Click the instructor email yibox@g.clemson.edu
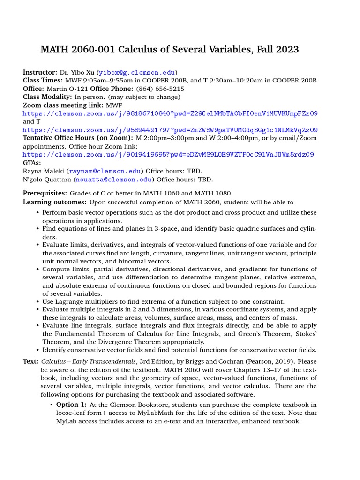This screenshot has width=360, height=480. coord(137,73)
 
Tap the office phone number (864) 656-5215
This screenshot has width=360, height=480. coord(160,89)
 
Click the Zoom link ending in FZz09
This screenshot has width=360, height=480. coord(170,113)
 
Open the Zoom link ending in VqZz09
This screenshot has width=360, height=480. coord(170,130)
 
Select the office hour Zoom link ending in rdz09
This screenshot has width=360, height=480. coord(168,154)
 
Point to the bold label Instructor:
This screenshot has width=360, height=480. coord(40,73)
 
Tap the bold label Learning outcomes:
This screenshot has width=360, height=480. coord(55,202)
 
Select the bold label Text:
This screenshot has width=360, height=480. coord(31,362)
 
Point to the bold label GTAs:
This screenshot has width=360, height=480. coord(32,163)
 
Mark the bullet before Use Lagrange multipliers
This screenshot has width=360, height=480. coord(37,302)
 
